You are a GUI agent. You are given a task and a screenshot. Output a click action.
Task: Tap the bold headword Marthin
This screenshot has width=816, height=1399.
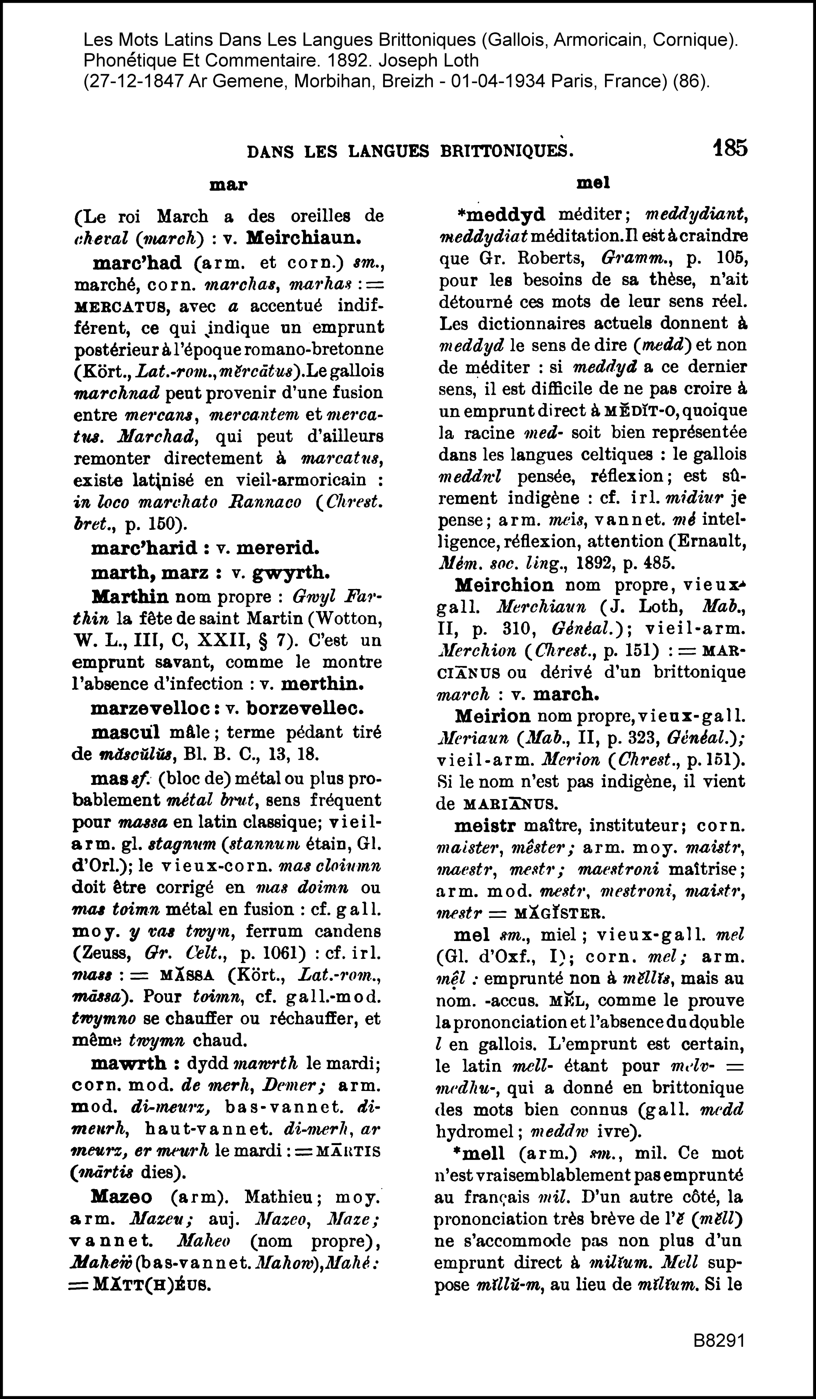(x=130, y=597)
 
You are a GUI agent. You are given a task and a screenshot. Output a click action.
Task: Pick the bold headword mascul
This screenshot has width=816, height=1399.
(x=126, y=732)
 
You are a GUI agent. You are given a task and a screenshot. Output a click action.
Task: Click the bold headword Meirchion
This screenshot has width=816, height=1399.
(x=504, y=585)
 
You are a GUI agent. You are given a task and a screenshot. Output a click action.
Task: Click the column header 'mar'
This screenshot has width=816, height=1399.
(x=228, y=185)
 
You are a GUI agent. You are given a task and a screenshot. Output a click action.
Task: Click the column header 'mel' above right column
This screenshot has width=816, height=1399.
(x=593, y=183)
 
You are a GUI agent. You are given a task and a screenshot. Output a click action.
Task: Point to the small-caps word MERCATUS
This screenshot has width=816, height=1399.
(x=121, y=306)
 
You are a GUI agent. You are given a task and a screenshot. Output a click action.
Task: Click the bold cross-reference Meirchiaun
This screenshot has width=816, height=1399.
(x=304, y=238)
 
